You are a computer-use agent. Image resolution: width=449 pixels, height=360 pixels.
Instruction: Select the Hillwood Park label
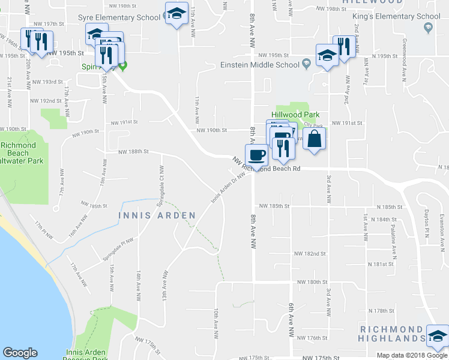click(x=295, y=115)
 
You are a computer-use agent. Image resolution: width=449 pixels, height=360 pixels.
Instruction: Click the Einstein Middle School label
click(x=259, y=65)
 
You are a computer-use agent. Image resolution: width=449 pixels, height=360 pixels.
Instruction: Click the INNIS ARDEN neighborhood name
click(x=157, y=215)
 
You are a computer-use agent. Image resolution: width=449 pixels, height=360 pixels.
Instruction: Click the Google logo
click(x=20, y=353)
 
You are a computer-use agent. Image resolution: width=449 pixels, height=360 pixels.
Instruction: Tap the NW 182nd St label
click(x=310, y=254)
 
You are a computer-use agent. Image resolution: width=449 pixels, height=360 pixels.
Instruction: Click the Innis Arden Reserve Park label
click(x=86, y=355)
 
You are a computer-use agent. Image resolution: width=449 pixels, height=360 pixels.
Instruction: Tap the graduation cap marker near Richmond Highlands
click(x=437, y=337)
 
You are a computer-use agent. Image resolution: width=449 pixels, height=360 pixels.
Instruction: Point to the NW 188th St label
click(x=133, y=152)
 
